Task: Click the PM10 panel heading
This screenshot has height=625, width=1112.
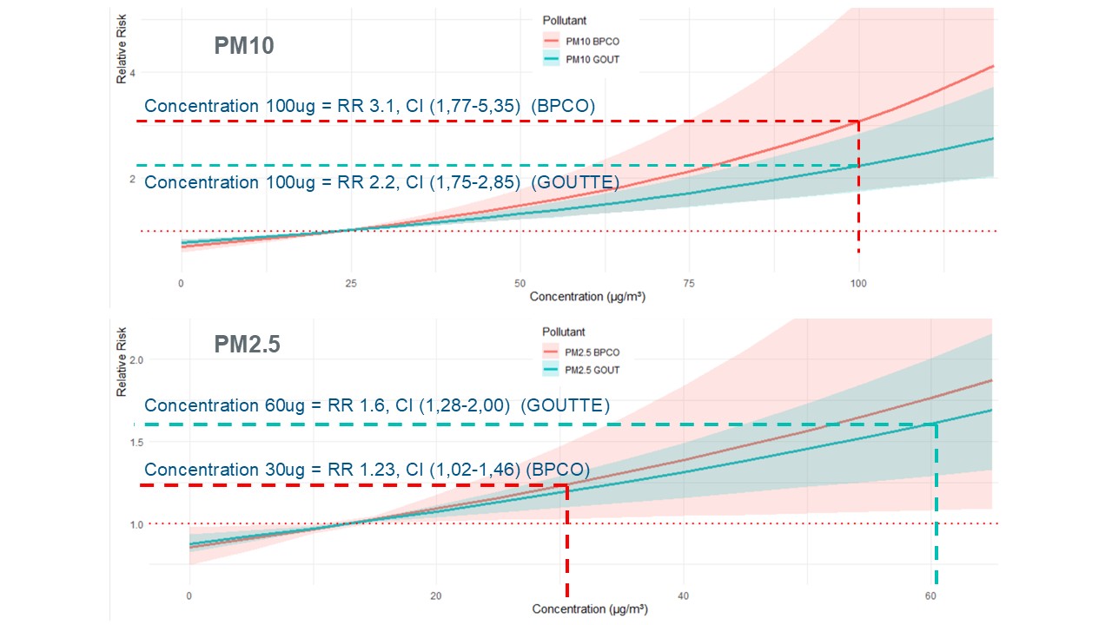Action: pyautogui.click(x=244, y=45)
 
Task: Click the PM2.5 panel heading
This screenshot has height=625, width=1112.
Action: pyautogui.click(x=247, y=345)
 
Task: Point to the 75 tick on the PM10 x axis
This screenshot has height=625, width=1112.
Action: pyautogui.click(x=689, y=284)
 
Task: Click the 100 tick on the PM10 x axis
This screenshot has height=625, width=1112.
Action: pyautogui.click(x=858, y=284)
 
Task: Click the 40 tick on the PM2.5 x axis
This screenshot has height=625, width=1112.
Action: pyautogui.click(x=683, y=596)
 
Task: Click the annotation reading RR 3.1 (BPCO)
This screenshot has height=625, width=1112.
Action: pyautogui.click(x=369, y=106)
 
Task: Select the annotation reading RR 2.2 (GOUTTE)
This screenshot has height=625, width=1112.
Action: pyautogui.click(x=381, y=182)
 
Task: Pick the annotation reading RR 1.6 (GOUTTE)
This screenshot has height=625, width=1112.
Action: pyautogui.click(x=377, y=405)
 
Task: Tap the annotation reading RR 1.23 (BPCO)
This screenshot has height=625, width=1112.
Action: pyautogui.click(x=367, y=470)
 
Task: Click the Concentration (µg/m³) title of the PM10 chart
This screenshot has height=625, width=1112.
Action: pyautogui.click(x=587, y=297)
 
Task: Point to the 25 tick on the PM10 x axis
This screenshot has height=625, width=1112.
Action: pyautogui.click(x=349, y=284)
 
